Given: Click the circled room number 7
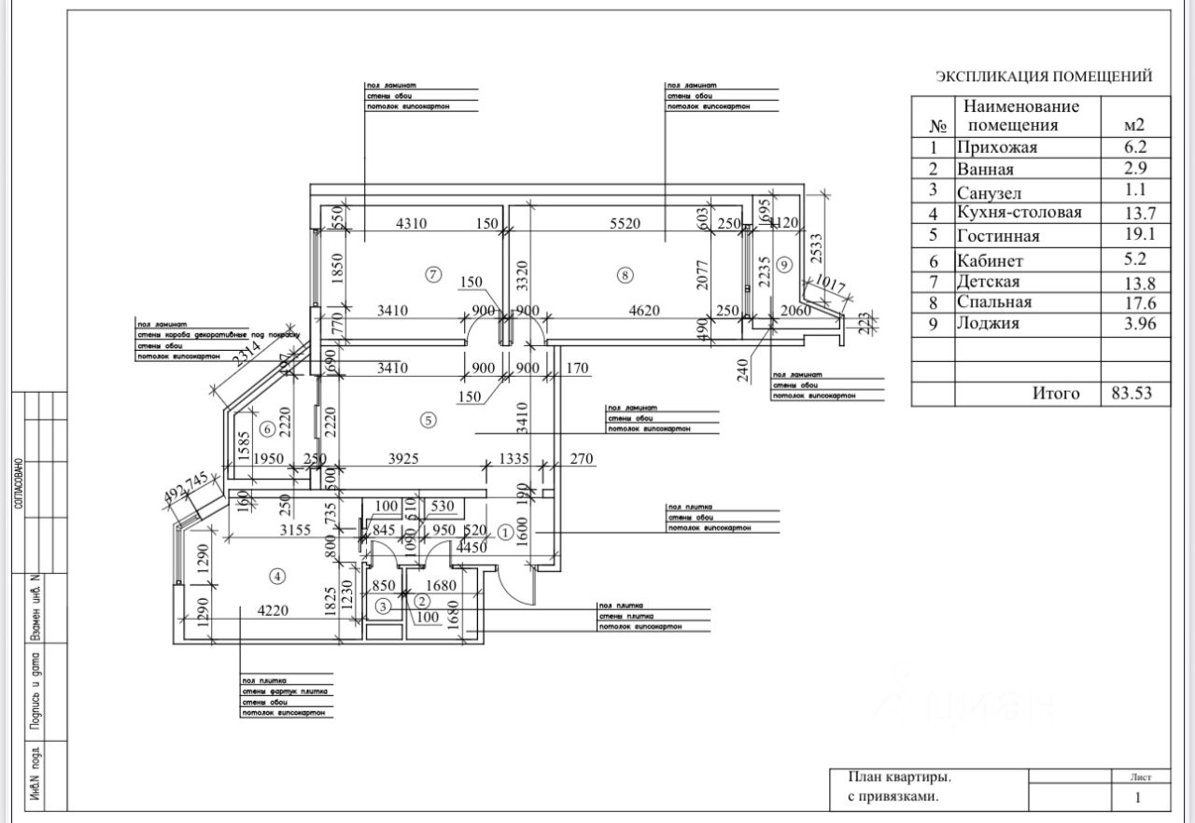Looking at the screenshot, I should pos(431,274).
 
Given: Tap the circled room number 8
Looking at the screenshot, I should pos(626,274).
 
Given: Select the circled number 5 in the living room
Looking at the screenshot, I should pos(429,420).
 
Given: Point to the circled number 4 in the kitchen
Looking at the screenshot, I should pos(276,577).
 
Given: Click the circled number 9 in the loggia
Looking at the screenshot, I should pos(784,265).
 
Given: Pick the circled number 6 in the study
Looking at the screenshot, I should pos(267,429).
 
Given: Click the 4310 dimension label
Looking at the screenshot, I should pos(412,224).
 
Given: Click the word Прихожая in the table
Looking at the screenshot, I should pos(996,147).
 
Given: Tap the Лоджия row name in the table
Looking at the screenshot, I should pos(988,324).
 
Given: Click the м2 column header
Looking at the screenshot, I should pos(1134,124).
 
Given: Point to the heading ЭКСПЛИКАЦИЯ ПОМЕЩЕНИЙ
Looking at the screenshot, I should pos(1044,77).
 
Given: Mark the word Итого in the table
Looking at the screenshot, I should pos(1055,394).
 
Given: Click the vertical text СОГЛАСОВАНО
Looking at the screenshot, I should pos(19,482).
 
